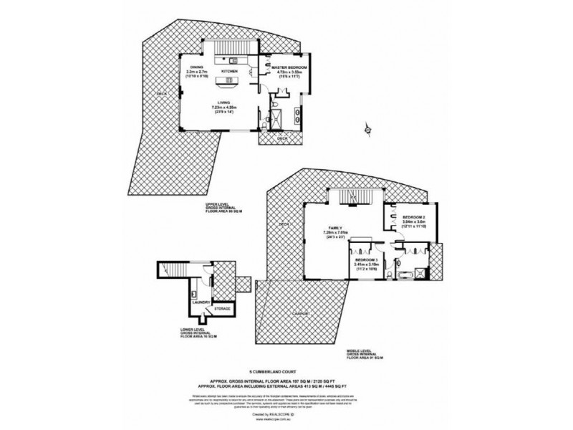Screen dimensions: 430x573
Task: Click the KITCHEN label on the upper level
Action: (x=229, y=72)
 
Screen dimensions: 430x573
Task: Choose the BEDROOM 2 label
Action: (x=414, y=217)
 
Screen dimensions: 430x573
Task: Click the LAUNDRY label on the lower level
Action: (x=200, y=302)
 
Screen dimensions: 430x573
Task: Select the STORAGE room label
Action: (x=223, y=310)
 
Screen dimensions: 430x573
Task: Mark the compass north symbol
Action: (x=367, y=130)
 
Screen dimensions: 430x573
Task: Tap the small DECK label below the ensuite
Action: (x=281, y=138)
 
